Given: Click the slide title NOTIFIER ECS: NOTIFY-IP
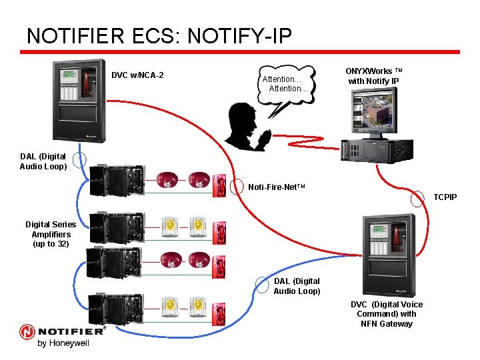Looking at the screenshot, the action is click(x=159, y=35).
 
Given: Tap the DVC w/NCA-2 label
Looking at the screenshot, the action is click(x=137, y=75).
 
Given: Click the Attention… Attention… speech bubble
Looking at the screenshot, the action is click(x=287, y=83).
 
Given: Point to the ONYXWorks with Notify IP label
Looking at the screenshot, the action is click(x=373, y=76).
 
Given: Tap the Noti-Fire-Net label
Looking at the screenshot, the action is click(x=276, y=187).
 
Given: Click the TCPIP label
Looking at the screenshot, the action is click(x=445, y=197).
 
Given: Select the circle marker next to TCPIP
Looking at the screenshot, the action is click(x=419, y=198).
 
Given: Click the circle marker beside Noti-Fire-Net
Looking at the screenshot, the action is click(x=236, y=186).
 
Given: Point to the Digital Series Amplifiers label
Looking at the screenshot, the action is click(x=51, y=234).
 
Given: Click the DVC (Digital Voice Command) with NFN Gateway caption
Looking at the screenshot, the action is click(x=386, y=314).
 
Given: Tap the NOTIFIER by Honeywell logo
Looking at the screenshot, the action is click(x=63, y=335).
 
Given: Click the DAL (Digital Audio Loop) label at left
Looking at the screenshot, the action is click(x=43, y=162).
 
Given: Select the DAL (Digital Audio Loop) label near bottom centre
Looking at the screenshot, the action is click(x=297, y=286).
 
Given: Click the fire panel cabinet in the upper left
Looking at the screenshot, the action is click(x=79, y=101).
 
